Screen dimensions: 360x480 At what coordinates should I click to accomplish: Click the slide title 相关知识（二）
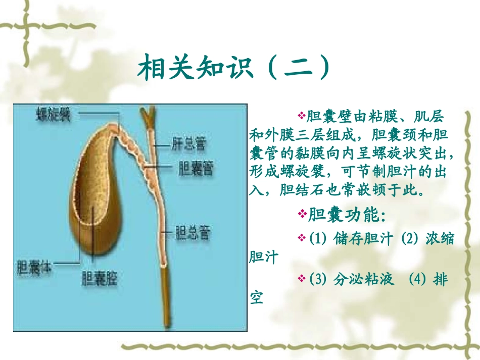pos(235,67)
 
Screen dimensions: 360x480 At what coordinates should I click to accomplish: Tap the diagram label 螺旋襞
pos(53,116)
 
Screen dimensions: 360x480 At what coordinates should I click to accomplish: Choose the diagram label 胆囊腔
pos(99,278)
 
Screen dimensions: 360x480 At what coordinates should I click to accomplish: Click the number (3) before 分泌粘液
pos(317,279)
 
